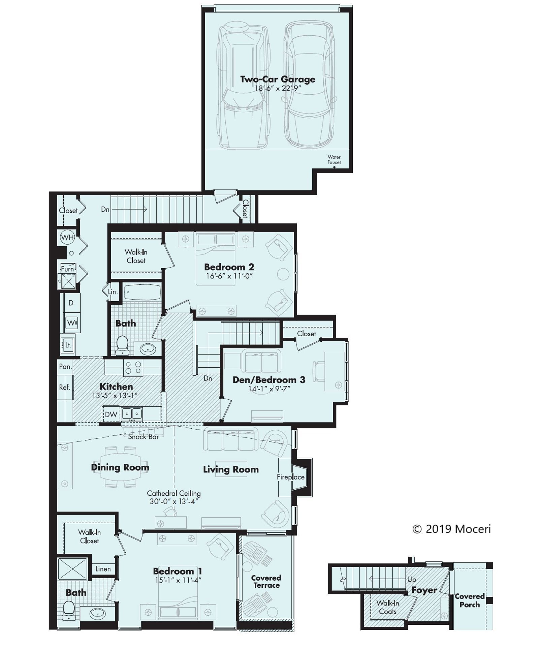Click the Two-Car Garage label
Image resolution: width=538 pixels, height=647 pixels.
pos(277,79)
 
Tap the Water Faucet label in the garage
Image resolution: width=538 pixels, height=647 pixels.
pos(334,159)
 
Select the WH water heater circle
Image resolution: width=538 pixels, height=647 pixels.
pos(67,237)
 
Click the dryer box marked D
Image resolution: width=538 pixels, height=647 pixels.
pos(71,303)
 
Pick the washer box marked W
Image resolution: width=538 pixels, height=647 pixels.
pos(71,323)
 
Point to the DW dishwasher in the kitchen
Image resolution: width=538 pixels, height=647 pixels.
pos(110,414)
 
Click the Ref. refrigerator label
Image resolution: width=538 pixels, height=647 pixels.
pos(64,387)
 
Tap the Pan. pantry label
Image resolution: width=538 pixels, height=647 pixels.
pos(65,366)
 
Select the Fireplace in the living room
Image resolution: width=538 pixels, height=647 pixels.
pos(291,477)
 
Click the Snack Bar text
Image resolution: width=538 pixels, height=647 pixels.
pos(143,437)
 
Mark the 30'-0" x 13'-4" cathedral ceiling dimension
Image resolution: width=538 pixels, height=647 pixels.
pos(173,501)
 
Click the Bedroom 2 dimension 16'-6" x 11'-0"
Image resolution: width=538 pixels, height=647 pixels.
pos(229,276)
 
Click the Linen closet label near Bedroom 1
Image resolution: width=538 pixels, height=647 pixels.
pos(103,569)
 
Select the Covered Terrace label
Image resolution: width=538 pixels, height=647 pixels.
pos(266,582)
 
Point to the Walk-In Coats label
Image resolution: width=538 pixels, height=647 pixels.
pos(387,607)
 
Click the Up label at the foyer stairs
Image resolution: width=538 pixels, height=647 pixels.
pos(411,579)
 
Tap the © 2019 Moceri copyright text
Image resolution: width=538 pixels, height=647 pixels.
pos(451,529)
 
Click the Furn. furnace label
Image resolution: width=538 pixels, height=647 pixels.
pos(68,269)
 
